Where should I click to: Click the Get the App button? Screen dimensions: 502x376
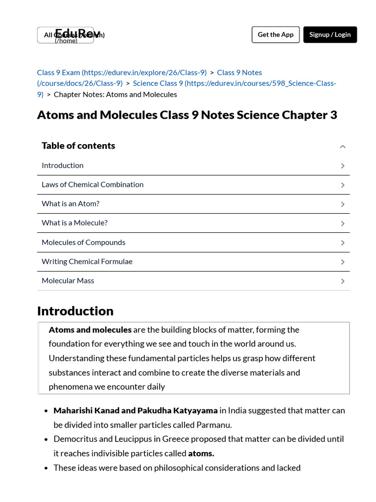(275, 35)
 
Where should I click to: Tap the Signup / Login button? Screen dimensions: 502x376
(330, 35)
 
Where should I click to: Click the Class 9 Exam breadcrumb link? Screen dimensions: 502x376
(121, 73)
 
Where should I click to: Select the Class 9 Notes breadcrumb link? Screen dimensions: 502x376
(239, 73)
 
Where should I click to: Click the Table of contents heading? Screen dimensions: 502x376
(78, 146)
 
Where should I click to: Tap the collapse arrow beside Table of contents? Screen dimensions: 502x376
(343, 147)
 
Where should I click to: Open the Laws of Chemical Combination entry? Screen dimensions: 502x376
(93, 185)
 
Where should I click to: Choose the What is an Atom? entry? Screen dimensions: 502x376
(70, 204)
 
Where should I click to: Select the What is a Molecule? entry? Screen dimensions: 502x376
(74, 223)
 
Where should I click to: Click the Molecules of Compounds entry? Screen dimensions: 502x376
(83, 243)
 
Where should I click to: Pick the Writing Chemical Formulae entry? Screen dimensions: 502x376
(87, 262)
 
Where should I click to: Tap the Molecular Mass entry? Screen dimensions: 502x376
(68, 281)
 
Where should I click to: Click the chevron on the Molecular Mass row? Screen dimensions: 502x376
(343, 281)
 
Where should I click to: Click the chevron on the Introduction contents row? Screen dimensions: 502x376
(343, 166)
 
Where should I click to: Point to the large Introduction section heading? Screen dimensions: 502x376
(75, 311)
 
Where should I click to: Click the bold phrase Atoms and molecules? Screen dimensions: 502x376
(90, 330)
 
